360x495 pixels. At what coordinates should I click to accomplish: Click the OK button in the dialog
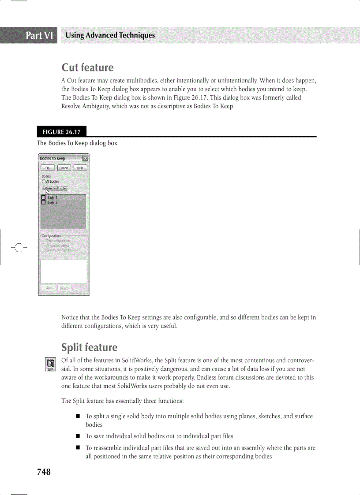pos(48,168)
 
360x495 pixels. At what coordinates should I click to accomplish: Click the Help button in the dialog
pos(80,168)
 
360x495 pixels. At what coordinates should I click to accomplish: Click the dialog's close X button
pos(85,158)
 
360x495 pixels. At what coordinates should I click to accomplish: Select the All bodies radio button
pos(44,181)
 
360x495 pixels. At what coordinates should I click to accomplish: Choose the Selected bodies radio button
pos(44,188)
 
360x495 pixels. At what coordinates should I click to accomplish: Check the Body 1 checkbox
pos(43,198)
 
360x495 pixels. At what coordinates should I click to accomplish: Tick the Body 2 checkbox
pos(43,203)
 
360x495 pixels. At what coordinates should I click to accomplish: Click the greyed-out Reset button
pos(64,288)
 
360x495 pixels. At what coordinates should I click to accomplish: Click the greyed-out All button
pos(48,288)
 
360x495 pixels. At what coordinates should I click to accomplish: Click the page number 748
pos(44,472)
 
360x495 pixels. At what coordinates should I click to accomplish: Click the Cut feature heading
pos(87,67)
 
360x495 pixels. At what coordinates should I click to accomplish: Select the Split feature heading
pos(89,347)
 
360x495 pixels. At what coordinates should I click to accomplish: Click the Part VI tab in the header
pos(39,35)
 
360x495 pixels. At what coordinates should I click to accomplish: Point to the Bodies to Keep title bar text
pos(52,158)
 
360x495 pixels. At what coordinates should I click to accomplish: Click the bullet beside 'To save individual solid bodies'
pos(78,436)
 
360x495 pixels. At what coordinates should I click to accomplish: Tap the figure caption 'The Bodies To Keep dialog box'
pos(77,143)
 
